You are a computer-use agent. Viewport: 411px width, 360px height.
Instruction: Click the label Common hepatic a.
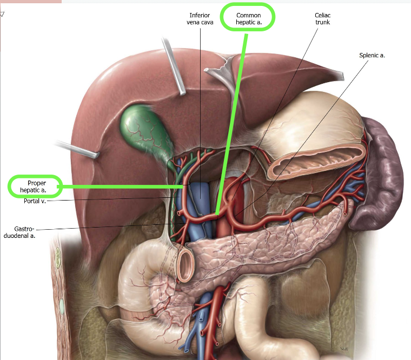pos(248,19)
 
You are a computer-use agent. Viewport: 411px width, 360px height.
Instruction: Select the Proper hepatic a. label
pos(33,186)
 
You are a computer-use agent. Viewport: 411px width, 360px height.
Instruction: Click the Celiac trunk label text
pos(322,18)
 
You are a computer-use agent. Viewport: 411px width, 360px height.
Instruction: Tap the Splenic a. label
pos(372,55)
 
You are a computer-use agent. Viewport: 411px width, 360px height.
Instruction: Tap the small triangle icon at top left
pos(3,14)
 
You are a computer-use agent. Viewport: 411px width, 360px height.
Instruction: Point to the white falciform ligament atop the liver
pos(227,76)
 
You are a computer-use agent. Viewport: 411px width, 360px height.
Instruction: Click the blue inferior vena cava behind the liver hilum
pos(202,200)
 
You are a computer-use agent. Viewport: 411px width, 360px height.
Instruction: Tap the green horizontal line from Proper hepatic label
pos(119,186)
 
